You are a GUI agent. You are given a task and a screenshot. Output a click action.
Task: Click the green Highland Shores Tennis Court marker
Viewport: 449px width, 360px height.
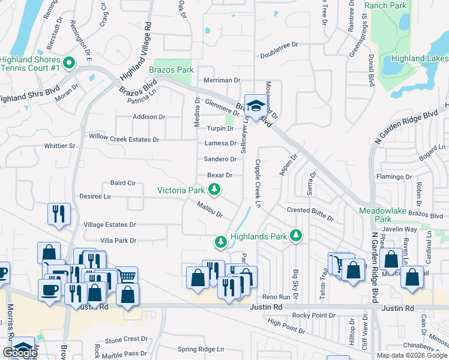click(x=69, y=63)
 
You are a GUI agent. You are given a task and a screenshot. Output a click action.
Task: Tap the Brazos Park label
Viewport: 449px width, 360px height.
click(x=171, y=70)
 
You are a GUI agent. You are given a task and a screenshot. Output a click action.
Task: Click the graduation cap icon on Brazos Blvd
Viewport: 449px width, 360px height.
click(x=256, y=106)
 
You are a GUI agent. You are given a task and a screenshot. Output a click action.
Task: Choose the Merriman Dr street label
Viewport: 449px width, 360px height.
click(x=221, y=80)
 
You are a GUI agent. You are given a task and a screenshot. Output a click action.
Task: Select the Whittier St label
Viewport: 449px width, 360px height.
click(x=59, y=146)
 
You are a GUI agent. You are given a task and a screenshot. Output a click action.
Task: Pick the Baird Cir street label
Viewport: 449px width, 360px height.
click(x=124, y=182)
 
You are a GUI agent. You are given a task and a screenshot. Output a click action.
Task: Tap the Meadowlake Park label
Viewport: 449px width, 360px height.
click(x=382, y=215)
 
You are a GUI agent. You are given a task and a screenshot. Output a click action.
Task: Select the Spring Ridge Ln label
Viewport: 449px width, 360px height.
click(x=200, y=349)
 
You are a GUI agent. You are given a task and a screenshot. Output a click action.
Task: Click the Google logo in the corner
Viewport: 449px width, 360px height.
click(x=20, y=353)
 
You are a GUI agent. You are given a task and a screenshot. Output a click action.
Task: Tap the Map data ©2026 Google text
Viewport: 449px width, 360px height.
click(x=412, y=355)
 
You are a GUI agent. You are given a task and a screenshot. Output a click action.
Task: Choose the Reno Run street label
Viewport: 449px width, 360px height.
click(x=277, y=297)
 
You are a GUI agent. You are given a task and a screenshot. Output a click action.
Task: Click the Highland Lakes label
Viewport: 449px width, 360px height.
click(x=420, y=58)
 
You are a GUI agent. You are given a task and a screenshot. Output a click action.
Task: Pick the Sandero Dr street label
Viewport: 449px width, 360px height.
click(x=220, y=159)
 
